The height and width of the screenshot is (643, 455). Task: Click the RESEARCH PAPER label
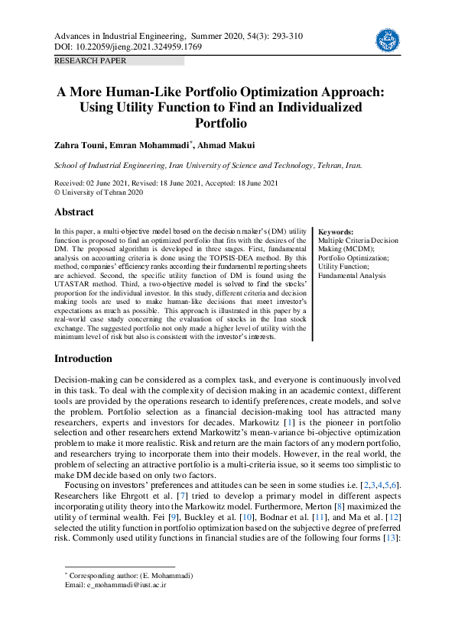[x=90, y=61]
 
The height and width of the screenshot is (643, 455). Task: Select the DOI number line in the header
[x=128, y=47]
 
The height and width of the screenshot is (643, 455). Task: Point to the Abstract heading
[x=73, y=212]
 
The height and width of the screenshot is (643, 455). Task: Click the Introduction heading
[x=83, y=359]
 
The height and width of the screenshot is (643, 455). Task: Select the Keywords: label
[x=335, y=231]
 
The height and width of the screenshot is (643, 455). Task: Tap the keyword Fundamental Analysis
[x=353, y=276]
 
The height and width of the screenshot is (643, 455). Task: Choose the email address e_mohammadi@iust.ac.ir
[x=115, y=585]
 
